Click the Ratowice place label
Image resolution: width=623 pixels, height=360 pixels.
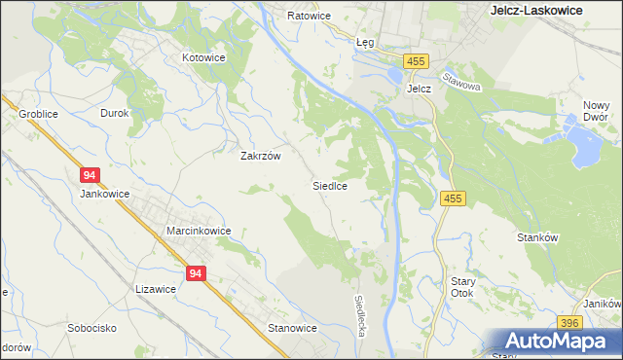tap(310, 17)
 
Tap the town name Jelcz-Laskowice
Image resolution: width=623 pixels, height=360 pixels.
tap(534, 10)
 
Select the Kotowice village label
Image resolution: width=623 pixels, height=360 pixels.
tap(204, 57)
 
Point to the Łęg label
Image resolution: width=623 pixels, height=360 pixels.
tap(365, 43)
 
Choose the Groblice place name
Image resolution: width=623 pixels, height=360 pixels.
tap(38, 114)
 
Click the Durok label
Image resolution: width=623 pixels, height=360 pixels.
tap(115, 113)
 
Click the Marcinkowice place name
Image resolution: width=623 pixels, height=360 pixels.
tap(198, 231)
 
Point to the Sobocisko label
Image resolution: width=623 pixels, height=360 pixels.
tap(92, 328)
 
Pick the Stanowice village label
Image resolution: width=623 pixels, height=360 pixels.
tap(292, 328)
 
